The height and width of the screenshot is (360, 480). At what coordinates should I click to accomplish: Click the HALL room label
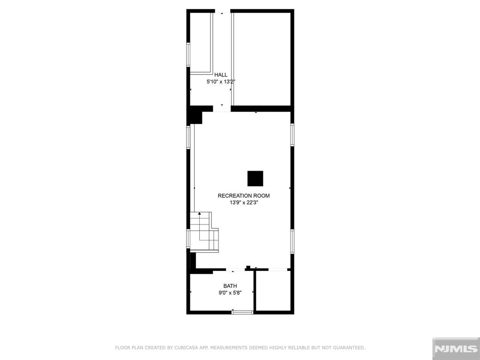(221, 75)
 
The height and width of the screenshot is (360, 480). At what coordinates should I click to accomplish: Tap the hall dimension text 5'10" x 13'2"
(221, 82)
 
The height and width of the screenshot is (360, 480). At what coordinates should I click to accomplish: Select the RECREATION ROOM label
(244, 195)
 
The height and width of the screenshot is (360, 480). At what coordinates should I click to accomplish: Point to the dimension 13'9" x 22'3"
(244, 202)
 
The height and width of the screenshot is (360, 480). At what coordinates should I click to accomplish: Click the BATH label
(230, 286)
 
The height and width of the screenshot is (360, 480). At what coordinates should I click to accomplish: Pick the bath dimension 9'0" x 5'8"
(230, 292)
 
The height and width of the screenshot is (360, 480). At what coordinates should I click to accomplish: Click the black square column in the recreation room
(255, 179)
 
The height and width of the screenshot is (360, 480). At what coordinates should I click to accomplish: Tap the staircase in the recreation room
(204, 232)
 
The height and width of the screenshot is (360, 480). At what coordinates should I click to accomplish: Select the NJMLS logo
(456, 349)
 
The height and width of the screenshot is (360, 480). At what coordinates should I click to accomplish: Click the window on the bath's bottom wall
(242, 312)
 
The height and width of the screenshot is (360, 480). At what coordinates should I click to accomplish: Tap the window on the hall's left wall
(188, 54)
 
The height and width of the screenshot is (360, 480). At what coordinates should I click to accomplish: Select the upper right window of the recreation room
(292, 135)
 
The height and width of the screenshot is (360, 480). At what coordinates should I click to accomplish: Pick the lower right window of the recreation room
(292, 241)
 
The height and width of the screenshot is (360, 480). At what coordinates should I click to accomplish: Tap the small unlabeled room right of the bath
(273, 291)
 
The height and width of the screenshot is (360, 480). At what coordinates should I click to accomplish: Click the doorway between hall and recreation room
(222, 109)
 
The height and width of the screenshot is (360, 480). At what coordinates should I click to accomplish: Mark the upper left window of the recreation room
(188, 137)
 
